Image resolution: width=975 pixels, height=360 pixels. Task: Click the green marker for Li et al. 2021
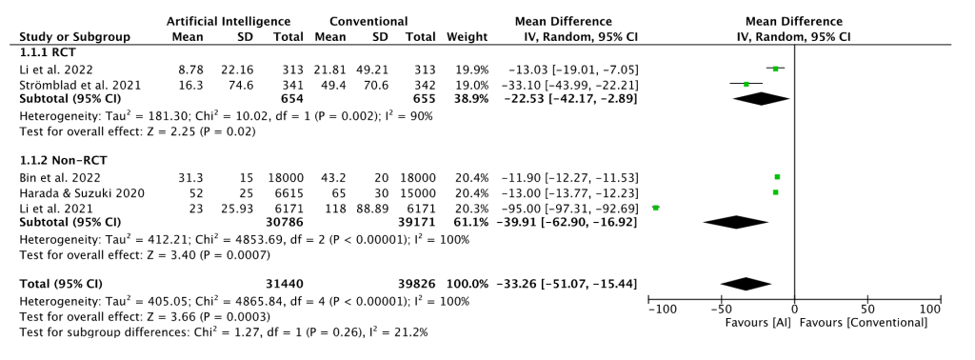(x=655, y=208)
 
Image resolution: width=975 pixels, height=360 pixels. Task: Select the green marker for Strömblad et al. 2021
(x=746, y=84)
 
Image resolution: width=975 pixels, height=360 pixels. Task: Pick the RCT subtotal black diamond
(x=761, y=98)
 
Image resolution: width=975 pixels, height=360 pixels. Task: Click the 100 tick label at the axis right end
(x=931, y=310)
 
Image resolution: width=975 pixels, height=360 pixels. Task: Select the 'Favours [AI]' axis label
(x=749, y=323)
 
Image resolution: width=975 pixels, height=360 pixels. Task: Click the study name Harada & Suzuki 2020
(x=82, y=192)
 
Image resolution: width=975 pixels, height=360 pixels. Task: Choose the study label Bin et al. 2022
(x=60, y=178)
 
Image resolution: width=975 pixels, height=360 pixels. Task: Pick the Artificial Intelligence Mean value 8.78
(x=190, y=69)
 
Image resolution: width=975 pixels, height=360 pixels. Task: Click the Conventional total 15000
(x=419, y=192)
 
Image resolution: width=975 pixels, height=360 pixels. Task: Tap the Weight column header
(x=467, y=37)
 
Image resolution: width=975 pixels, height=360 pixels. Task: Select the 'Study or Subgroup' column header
(x=74, y=37)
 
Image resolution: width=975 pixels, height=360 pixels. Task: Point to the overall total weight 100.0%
(x=468, y=284)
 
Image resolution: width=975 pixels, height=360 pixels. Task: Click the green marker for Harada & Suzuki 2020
(x=775, y=192)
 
